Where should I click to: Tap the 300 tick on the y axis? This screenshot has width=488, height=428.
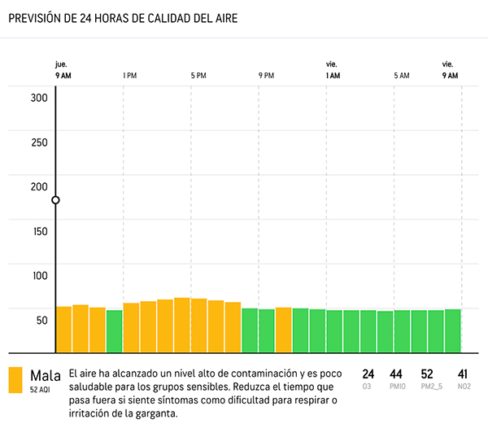pyautogui.click(x=39, y=98)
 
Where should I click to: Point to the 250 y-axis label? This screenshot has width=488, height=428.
pyautogui.click(x=39, y=142)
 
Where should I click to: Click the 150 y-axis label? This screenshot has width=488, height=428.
pyautogui.click(x=39, y=231)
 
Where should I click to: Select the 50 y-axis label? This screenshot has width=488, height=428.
pyautogui.click(x=41, y=320)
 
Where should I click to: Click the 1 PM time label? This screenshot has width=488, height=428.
pyautogui.click(x=129, y=76)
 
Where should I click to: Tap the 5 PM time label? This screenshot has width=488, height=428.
pyautogui.click(x=198, y=76)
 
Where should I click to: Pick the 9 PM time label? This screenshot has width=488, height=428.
pyautogui.click(x=266, y=76)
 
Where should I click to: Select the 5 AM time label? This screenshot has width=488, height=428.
pyautogui.click(x=402, y=76)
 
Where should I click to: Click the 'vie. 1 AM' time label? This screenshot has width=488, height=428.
pyautogui.click(x=332, y=70)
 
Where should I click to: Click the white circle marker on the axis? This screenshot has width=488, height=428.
pyautogui.click(x=55, y=200)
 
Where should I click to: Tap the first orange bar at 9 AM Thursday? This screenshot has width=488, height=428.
pyautogui.click(x=63, y=330)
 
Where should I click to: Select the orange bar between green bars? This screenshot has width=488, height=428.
pyautogui.click(x=283, y=330)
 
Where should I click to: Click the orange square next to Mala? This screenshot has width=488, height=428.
pyautogui.click(x=15, y=380)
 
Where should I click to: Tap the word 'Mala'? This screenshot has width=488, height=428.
pyautogui.click(x=46, y=375)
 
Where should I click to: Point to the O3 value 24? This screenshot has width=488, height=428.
pyautogui.click(x=368, y=374)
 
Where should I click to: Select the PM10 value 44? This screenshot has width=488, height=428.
pyautogui.click(x=397, y=374)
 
